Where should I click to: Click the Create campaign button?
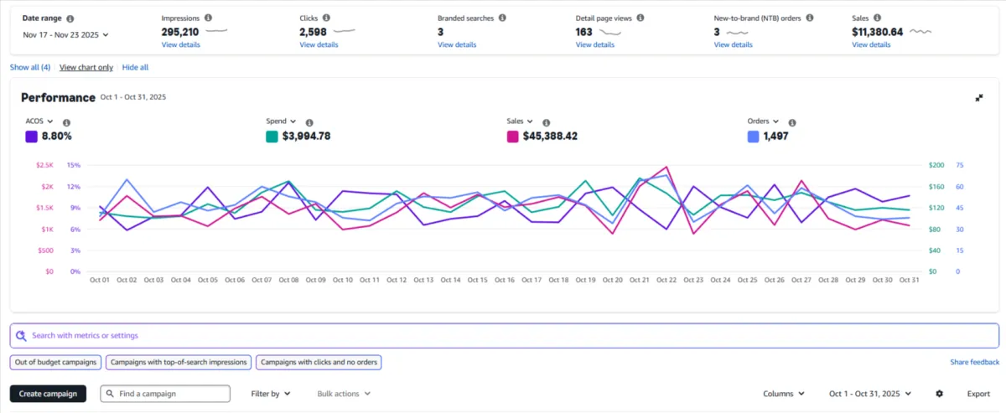[48, 394]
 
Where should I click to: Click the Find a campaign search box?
[165, 394]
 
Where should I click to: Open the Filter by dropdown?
[270, 394]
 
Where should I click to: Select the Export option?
[978, 394]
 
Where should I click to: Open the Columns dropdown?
[784, 394]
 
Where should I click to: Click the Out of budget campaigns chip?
[56, 362]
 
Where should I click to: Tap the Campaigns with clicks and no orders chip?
[319, 362]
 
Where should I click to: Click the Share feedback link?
[974, 362]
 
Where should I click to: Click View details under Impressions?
[180, 44]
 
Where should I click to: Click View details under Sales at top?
[871, 44]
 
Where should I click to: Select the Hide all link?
[135, 67]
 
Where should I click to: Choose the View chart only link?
[86, 67]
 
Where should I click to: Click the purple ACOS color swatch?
[32, 136]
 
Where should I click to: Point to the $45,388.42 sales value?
[550, 136]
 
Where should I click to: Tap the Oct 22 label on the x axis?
[666, 280]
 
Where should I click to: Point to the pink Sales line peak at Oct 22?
[666, 167]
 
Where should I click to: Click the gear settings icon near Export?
[939, 394]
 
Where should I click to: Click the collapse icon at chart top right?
[979, 98]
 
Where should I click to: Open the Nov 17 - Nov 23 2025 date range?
[66, 34]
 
